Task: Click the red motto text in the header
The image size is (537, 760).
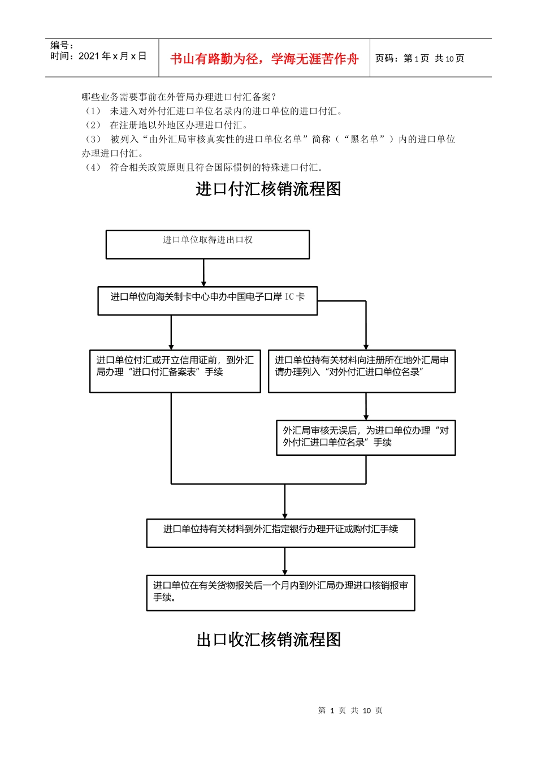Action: (264, 59)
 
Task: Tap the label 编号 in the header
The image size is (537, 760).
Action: (62, 45)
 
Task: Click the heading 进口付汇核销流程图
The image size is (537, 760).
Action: (268, 189)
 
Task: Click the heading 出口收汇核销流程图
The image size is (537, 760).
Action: (268, 640)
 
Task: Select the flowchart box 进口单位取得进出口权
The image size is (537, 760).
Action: (207, 244)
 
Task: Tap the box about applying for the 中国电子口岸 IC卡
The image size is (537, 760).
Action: (207, 300)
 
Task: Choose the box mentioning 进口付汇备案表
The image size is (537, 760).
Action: (175, 371)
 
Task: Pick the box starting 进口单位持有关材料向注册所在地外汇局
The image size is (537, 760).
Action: (362, 371)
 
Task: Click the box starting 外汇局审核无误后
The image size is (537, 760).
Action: (366, 437)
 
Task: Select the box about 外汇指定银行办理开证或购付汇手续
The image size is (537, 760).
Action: (280, 533)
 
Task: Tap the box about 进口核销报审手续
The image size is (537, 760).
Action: (280, 593)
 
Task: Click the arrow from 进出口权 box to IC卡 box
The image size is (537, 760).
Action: (204, 272)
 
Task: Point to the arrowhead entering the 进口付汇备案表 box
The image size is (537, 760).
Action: (171, 346)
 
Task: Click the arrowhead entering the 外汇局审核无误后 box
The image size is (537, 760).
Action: (366, 417)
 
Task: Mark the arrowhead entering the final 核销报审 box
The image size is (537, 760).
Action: (285, 572)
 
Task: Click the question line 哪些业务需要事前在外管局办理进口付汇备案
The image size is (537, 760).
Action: (179, 97)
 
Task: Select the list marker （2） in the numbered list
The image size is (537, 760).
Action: (93, 125)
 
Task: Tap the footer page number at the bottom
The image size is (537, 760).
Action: (350, 710)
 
